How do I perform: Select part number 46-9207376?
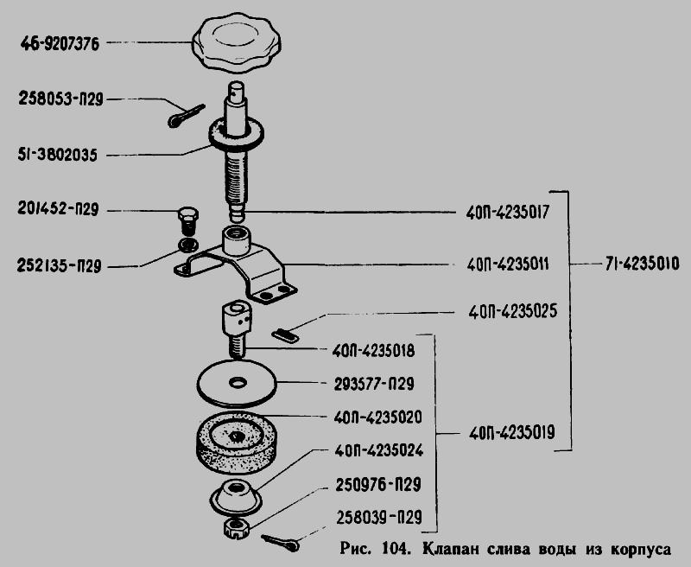click(x=60, y=44)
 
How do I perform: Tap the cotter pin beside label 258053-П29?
click(x=187, y=116)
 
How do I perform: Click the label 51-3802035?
click(x=57, y=156)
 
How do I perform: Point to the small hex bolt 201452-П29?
click(x=188, y=221)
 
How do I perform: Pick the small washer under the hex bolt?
click(x=187, y=245)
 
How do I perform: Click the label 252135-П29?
click(x=59, y=266)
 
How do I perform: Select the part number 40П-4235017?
click(x=508, y=213)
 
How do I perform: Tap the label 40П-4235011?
click(x=508, y=264)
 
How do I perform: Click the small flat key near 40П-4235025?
click(x=285, y=335)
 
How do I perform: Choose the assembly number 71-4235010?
click(x=642, y=264)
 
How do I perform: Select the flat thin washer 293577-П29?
click(x=236, y=383)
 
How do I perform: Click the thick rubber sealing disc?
click(x=236, y=443)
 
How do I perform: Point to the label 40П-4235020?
click(x=378, y=417)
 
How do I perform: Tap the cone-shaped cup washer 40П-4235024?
click(x=235, y=496)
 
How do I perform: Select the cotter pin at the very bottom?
click(x=280, y=543)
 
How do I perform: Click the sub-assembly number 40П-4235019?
click(x=511, y=433)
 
